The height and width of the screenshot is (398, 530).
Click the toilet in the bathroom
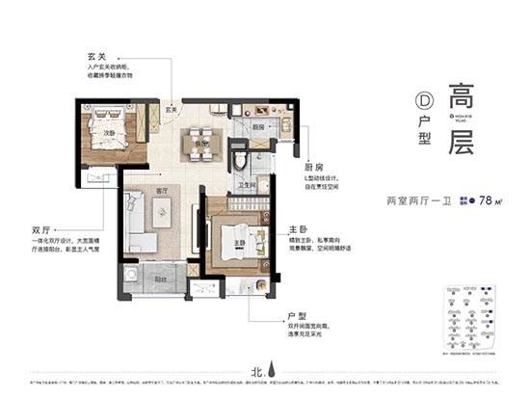240,158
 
